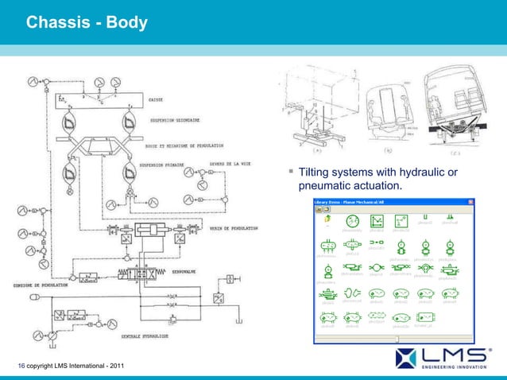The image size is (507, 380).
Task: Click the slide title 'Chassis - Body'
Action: pyautogui.click(x=87, y=23)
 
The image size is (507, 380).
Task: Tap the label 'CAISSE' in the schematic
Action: pyautogui.click(x=157, y=100)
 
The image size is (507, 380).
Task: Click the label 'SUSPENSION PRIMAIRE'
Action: pyautogui.click(x=164, y=167)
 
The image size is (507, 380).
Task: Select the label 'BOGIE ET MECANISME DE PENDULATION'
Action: pyautogui.click(x=184, y=146)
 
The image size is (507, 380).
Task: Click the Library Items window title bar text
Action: pyautogui.click(x=362, y=201)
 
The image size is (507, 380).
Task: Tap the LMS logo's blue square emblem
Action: pyautogui.click(x=407, y=356)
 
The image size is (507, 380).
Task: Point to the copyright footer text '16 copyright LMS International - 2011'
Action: pyautogui.click(x=71, y=365)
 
